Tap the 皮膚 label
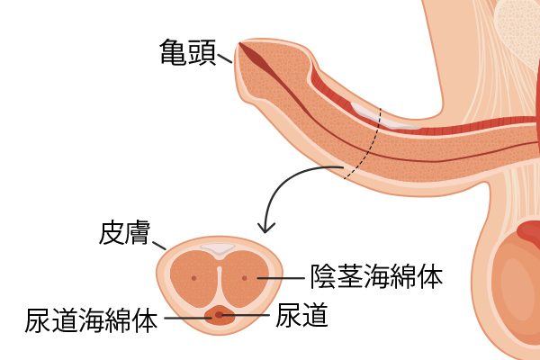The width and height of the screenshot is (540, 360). (125, 234)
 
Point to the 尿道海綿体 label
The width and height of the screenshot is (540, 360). (93, 319)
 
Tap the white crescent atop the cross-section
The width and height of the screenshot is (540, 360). (219, 246)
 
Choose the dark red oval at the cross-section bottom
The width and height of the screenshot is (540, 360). (220, 315)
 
